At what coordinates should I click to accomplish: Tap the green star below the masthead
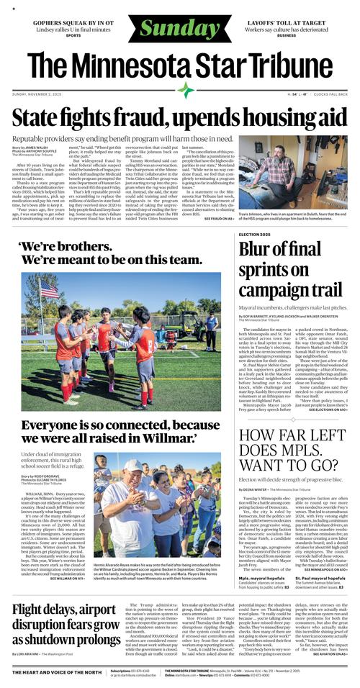pyautogui.click(x=186, y=90)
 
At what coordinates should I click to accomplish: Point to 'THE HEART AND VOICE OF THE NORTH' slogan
pyautogui.click(x=57, y=672)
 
